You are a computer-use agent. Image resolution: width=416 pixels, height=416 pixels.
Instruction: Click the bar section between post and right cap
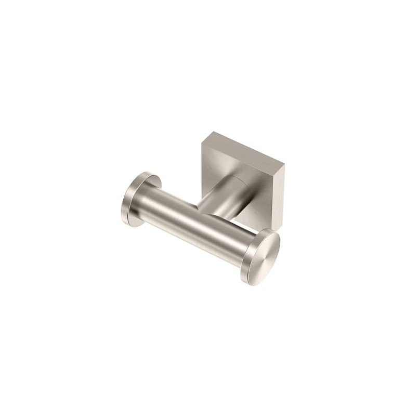pyautogui.click(x=229, y=234)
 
